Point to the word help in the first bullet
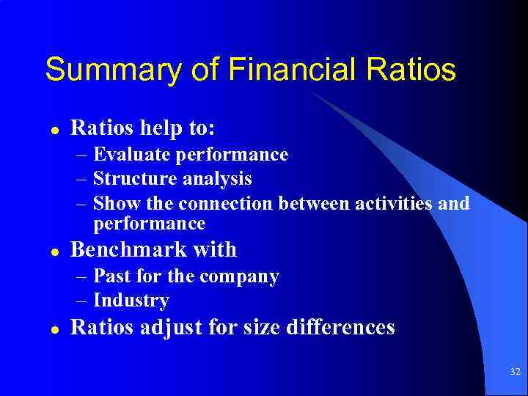pyautogui.click(x=150, y=129)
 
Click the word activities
pyautogui.click(x=396, y=203)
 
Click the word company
pyautogui.click(x=239, y=277)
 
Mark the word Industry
pyautogui.click(x=131, y=301)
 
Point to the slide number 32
pyautogui.click(x=514, y=372)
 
